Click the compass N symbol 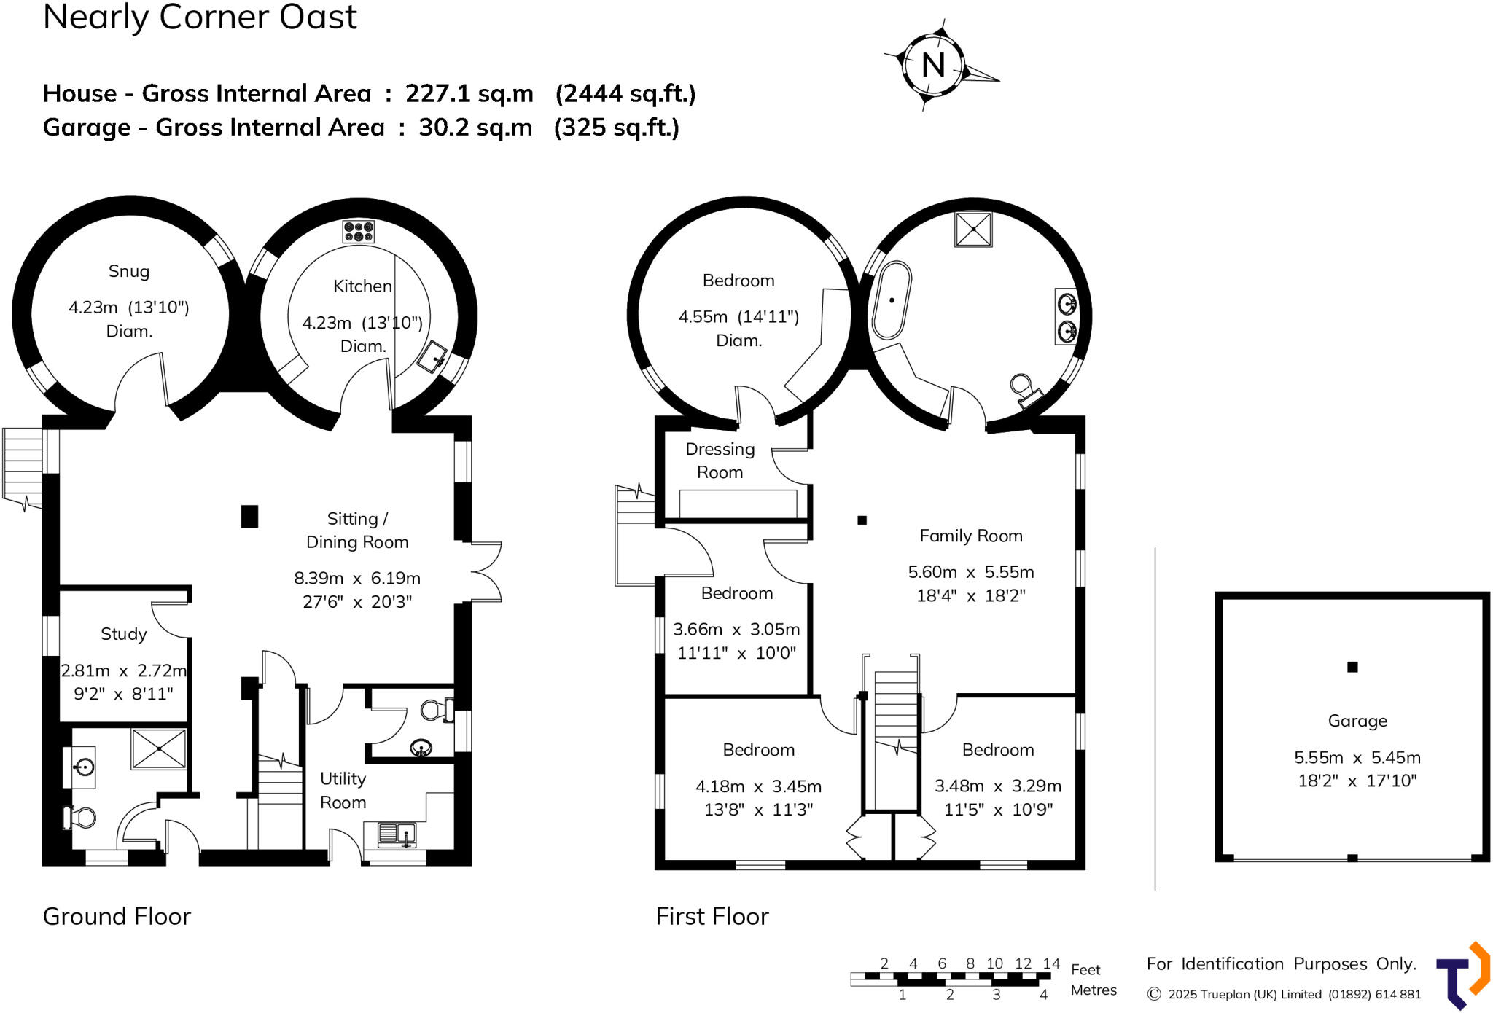pos(934,65)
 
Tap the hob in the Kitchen pos(359,231)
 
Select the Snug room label pos(129,272)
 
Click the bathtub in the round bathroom pos(892,300)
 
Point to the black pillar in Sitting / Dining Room pos(249,517)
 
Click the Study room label pos(124,634)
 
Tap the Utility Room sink pos(397,834)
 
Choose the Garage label pos(1357,721)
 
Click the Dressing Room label pos(720,461)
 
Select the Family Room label pos(971,536)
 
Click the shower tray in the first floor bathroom pos(974,230)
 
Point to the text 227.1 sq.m pos(469,94)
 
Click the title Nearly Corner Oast pos(200,17)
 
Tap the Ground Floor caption pos(117,916)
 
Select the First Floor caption pos(712,916)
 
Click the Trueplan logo pos(1462,976)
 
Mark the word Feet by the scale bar pos(1085,970)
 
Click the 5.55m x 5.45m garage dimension pos(1357,758)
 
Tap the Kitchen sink pos(435,356)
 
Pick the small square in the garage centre pos(1352,667)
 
